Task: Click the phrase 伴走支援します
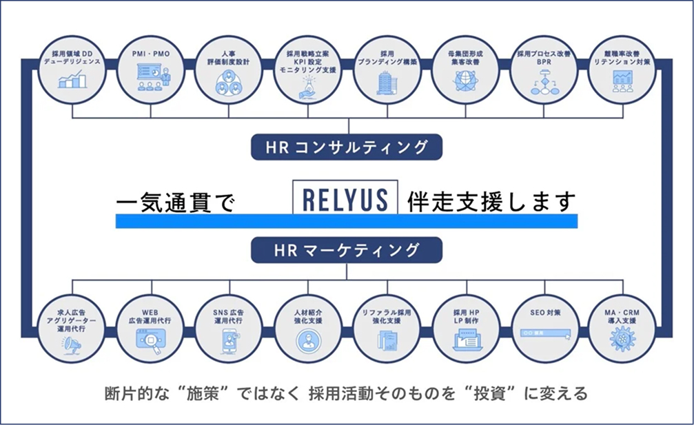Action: (x=491, y=201)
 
